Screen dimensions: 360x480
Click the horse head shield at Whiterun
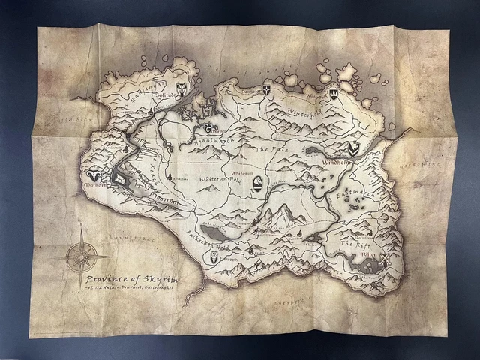point(258,183)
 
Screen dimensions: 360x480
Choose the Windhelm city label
point(335,163)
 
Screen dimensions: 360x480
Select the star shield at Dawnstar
point(266,90)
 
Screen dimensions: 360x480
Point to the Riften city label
point(370,253)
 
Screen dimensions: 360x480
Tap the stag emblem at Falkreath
point(215,256)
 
